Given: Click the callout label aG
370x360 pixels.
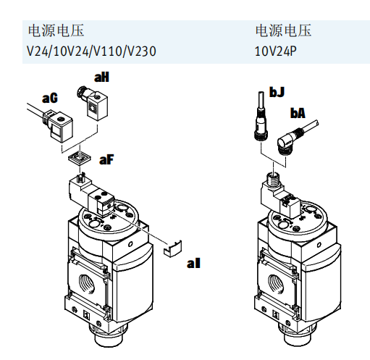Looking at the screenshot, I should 50,97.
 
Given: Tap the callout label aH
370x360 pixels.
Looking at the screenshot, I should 102,78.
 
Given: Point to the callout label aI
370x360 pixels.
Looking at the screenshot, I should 193,262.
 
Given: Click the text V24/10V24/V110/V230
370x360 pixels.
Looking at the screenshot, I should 91,51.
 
